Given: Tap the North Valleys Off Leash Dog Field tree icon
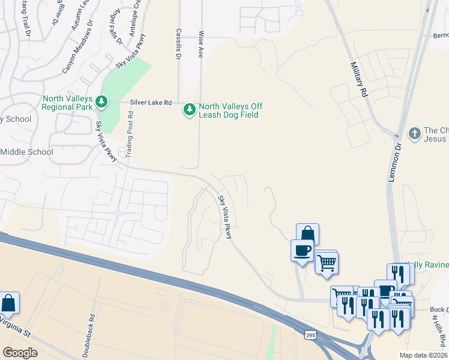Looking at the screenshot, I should click(x=190, y=109).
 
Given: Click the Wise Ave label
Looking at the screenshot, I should click(x=201, y=44).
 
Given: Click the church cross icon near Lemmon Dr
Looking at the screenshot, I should click(x=414, y=133).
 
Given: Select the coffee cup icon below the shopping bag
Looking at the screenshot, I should click(x=301, y=250).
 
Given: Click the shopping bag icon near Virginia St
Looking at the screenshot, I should click(x=9, y=302).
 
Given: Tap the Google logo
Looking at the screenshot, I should click(x=20, y=352).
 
